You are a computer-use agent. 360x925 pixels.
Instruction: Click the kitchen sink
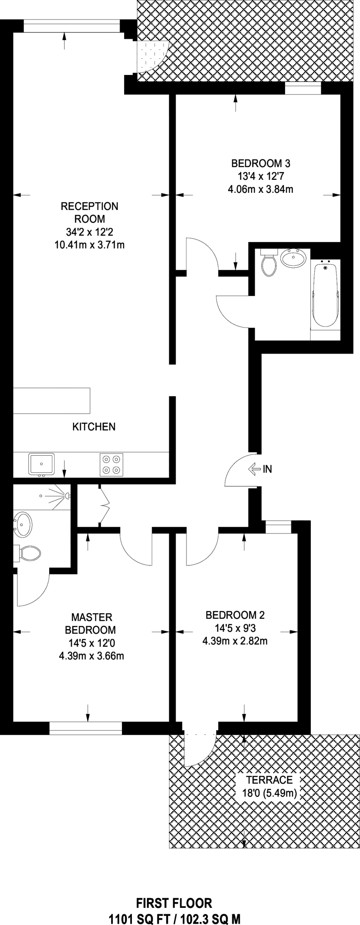pos(42,464)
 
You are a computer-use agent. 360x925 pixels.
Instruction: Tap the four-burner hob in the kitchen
pos(112,464)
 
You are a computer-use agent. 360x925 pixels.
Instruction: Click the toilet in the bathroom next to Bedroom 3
pos(269,264)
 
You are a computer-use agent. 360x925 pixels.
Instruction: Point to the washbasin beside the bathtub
pos(293,258)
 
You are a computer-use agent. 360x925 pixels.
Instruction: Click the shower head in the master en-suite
pos(67,496)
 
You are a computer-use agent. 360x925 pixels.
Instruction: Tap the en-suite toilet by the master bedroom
pos(28,552)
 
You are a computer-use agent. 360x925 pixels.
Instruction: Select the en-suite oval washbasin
pos(22,524)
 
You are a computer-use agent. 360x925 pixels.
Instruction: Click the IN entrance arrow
pos(260,469)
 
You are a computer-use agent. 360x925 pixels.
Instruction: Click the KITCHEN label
pos(94,426)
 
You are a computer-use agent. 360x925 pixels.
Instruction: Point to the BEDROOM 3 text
pos(260,163)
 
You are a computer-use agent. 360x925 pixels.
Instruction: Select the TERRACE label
pos(269,780)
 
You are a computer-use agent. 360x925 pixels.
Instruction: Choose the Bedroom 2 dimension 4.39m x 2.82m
pos(235,641)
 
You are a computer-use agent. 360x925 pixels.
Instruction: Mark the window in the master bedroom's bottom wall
pos(86,728)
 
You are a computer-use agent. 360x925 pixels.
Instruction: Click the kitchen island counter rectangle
pos(52,401)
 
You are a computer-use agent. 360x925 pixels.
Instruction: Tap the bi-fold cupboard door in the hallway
pos(104,506)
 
